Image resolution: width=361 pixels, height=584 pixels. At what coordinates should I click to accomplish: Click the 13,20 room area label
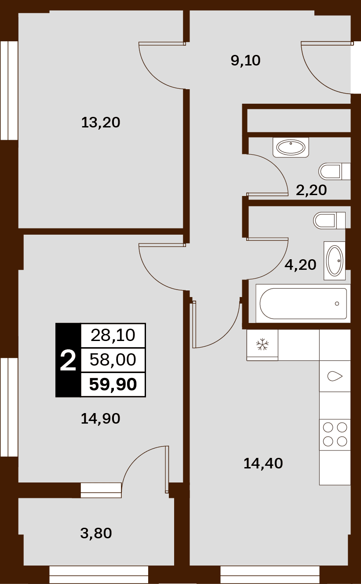point(101,123)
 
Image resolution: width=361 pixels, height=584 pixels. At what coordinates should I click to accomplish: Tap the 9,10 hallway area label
point(245,61)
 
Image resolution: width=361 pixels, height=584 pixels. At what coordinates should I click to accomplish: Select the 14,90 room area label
point(100,419)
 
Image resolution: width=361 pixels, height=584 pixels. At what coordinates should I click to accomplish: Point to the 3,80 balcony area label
point(96,533)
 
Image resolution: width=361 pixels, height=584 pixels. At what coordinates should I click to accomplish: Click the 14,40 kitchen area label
point(263,464)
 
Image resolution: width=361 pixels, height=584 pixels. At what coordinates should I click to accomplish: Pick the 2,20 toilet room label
point(311,190)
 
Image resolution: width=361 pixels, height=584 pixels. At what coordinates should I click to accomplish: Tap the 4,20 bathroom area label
point(300,265)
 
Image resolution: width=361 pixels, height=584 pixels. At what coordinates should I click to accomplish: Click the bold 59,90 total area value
point(113,384)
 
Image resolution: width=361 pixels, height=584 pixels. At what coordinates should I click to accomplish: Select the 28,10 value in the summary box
point(113,335)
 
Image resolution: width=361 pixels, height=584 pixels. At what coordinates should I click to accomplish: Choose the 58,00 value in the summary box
point(113,360)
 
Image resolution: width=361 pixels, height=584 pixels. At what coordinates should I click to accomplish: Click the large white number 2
point(68,361)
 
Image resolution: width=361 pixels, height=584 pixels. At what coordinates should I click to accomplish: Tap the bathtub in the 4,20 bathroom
point(303,304)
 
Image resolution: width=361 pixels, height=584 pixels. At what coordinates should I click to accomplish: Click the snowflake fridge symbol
point(263,345)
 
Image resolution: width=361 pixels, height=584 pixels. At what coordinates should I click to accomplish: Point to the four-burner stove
point(335,435)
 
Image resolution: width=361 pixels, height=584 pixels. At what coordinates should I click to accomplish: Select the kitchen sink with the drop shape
point(335,376)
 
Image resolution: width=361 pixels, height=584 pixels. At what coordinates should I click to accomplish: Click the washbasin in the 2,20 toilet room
point(291,148)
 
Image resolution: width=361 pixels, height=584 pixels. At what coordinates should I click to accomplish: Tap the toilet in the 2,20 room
point(334,171)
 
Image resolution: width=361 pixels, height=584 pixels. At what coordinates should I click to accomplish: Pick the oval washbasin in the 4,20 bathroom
point(335,261)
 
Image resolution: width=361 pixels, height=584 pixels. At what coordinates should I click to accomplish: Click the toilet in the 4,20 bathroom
point(329,221)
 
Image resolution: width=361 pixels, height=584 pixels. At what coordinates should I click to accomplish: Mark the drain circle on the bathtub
point(337,304)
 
